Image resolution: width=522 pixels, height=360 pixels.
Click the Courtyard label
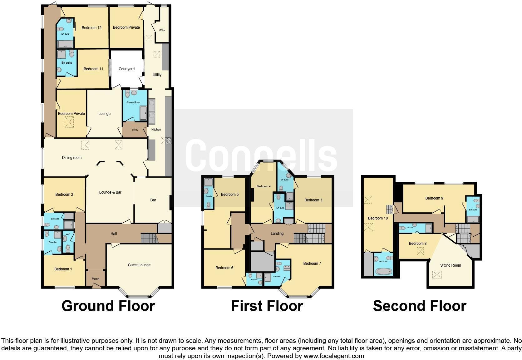pyautogui.click(x=126, y=69)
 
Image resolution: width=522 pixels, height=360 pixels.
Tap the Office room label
pyautogui.click(x=162, y=30)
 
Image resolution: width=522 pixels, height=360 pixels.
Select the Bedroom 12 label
pyautogui.click(x=91, y=28)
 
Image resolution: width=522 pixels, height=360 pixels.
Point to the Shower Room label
pyautogui.click(x=133, y=102)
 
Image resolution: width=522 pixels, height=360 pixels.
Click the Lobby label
pyautogui.click(x=135, y=130)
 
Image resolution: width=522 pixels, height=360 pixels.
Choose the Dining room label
pyautogui.click(x=72, y=158)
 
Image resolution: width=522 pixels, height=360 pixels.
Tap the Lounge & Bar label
pyautogui.click(x=110, y=192)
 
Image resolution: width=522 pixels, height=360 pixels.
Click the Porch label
pyautogui.click(x=96, y=279)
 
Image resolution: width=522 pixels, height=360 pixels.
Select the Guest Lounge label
pyautogui.click(x=139, y=265)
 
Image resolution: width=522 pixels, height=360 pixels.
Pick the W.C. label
pyautogui.click(x=68, y=234)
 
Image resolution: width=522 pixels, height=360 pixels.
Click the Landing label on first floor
pyautogui.click(x=277, y=234)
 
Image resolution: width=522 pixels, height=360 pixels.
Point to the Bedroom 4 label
pyautogui.click(x=263, y=186)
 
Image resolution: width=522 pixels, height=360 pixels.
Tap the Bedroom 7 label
pyautogui.click(x=312, y=264)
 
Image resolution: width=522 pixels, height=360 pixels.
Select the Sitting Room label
pyautogui.click(x=451, y=265)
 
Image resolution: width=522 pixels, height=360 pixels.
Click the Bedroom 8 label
pyautogui.click(x=418, y=244)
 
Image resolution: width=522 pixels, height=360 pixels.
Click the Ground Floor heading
pyautogui.click(x=108, y=306)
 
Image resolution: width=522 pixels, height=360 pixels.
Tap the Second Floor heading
pyautogui.click(x=420, y=306)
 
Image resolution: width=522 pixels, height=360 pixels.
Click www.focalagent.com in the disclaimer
pyautogui.click(x=334, y=356)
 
